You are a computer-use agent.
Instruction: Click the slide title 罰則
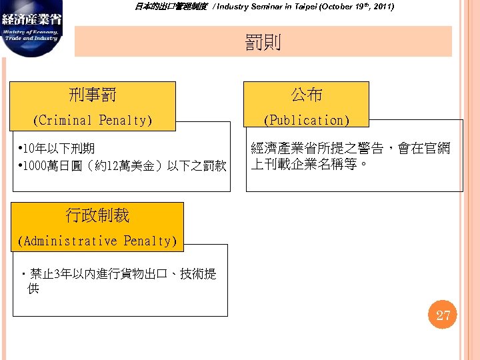[x=263, y=43]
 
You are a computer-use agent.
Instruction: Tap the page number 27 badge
[x=443, y=315]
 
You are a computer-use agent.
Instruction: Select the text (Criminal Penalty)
[x=93, y=120]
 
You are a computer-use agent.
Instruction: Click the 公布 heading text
[x=307, y=95]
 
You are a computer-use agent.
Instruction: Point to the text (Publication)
[x=307, y=120]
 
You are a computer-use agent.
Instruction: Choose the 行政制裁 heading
[x=97, y=215]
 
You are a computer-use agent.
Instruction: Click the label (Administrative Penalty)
[x=97, y=241]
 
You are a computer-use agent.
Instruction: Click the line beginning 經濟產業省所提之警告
[x=350, y=148]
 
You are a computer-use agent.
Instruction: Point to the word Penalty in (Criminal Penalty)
[x=125, y=120]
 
